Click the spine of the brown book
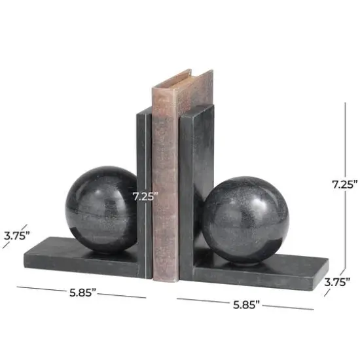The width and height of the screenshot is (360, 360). (165, 196)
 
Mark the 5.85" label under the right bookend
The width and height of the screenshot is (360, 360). (245, 304)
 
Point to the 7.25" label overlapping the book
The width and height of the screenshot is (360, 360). (145, 195)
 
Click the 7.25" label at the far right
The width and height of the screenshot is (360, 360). (343, 185)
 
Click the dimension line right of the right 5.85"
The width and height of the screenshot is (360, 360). (288, 307)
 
